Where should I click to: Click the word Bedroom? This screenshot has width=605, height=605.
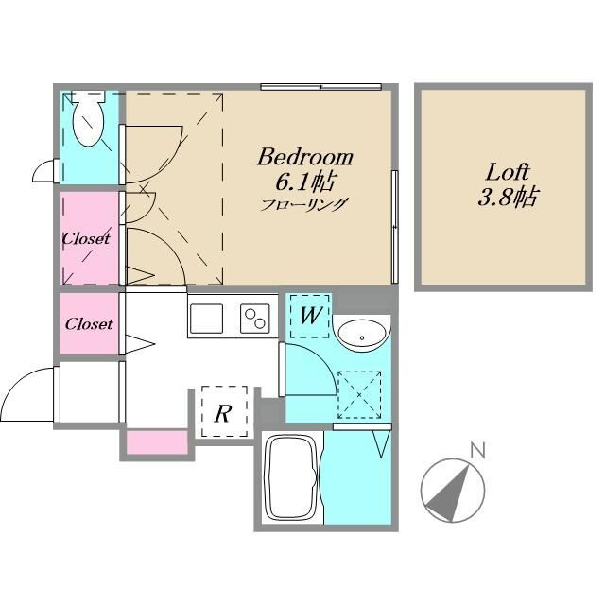point(304,157)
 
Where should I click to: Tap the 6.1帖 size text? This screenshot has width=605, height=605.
point(304,181)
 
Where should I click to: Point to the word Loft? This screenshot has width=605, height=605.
point(507,172)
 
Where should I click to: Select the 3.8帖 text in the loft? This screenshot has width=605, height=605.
point(507,197)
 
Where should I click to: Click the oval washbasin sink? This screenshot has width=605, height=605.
point(362,334)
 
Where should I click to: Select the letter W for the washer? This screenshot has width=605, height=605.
point(310,315)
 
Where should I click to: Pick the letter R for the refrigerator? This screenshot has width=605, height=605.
point(223,413)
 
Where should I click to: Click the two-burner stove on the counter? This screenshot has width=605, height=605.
point(255,319)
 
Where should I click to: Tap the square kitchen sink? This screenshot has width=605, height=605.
point(206,319)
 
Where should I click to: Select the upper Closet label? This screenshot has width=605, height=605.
point(86,238)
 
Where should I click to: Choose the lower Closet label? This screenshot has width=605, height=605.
point(89,323)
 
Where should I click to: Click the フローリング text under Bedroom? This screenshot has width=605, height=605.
point(304,204)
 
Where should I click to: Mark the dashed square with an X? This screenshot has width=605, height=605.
point(359,395)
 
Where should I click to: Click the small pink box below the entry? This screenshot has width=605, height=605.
point(157,442)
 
